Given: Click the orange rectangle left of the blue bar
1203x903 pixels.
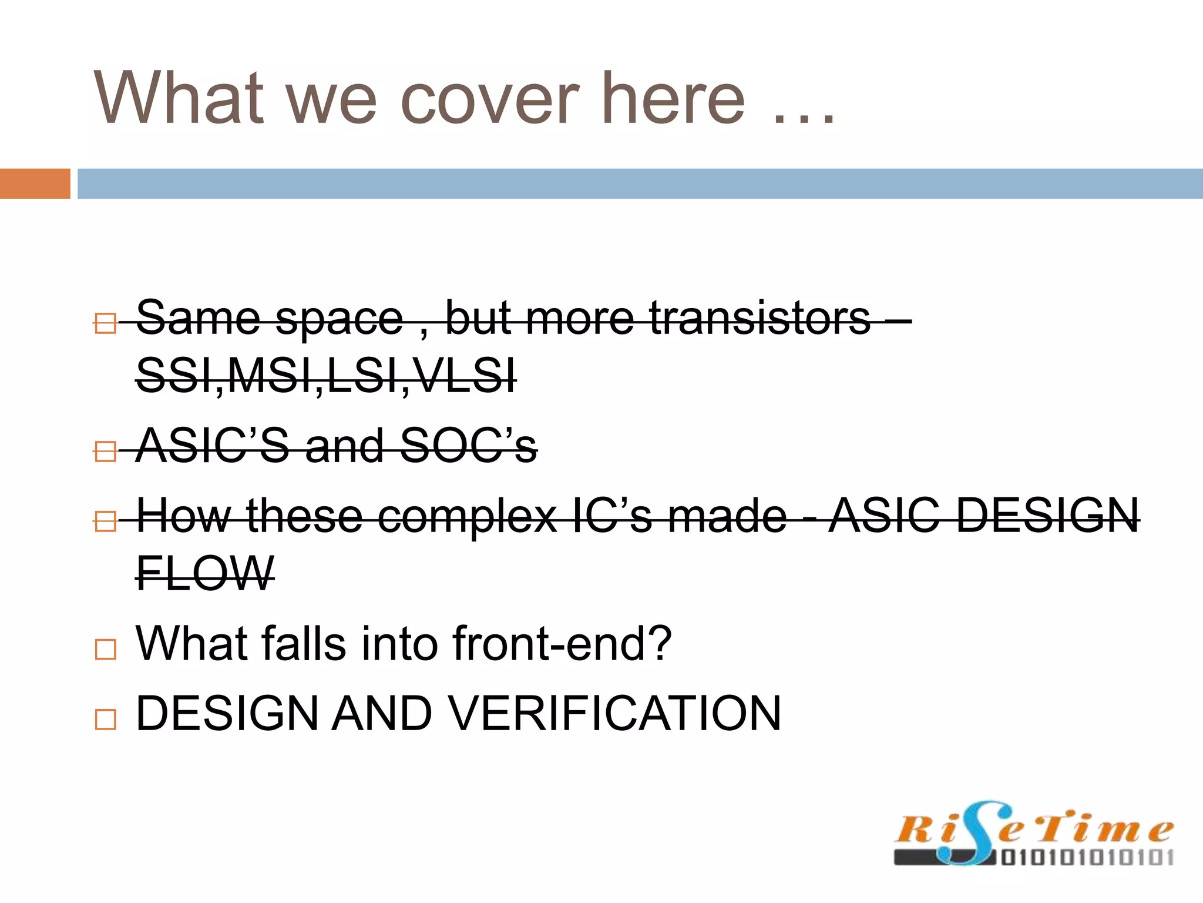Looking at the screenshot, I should (35, 183).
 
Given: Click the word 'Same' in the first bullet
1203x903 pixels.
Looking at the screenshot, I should (198, 318).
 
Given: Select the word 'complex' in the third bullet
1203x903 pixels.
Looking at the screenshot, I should (467, 516).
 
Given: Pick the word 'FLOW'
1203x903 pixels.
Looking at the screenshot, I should (204, 573).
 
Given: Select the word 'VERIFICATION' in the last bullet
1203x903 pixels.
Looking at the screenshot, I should (616, 713).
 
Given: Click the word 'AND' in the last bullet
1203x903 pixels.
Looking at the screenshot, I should (382, 713).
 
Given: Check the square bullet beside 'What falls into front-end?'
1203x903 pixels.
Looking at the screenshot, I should (105, 650).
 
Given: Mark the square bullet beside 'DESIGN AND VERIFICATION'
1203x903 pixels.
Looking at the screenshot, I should (105, 719).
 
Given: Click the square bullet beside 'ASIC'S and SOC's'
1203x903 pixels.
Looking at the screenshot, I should (105, 451).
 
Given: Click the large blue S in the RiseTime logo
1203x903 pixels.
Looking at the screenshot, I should (975, 832).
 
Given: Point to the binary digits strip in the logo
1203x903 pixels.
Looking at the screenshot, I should (1087, 858).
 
